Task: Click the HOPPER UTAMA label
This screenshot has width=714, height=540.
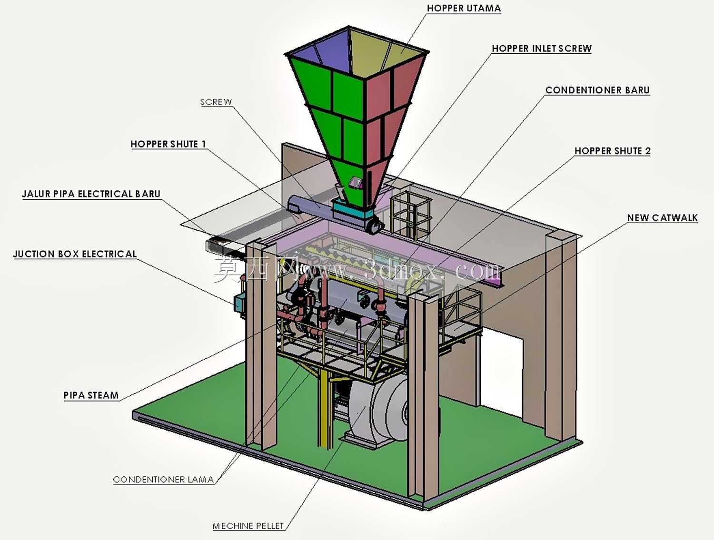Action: pos(464,8)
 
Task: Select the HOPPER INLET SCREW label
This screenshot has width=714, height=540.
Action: pos(542,49)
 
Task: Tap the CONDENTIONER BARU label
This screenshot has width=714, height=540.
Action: pos(597,90)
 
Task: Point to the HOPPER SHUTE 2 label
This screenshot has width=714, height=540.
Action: pos(613,151)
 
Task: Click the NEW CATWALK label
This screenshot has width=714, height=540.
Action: pos(663,217)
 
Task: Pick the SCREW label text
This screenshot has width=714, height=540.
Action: pos(216,102)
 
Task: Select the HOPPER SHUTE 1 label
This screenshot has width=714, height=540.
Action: pos(169,144)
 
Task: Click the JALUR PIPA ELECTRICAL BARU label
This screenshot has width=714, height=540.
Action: pos(91,194)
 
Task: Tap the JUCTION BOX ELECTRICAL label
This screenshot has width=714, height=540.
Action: pos(75,254)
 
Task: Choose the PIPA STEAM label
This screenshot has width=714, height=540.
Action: pos(91,395)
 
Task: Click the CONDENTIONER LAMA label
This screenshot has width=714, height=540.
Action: pos(164,480)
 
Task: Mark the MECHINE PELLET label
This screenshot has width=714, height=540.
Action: pos(248,526)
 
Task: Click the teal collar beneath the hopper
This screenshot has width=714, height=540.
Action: pos(352,211)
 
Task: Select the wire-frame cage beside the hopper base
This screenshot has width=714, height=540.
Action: pos(410,214)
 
